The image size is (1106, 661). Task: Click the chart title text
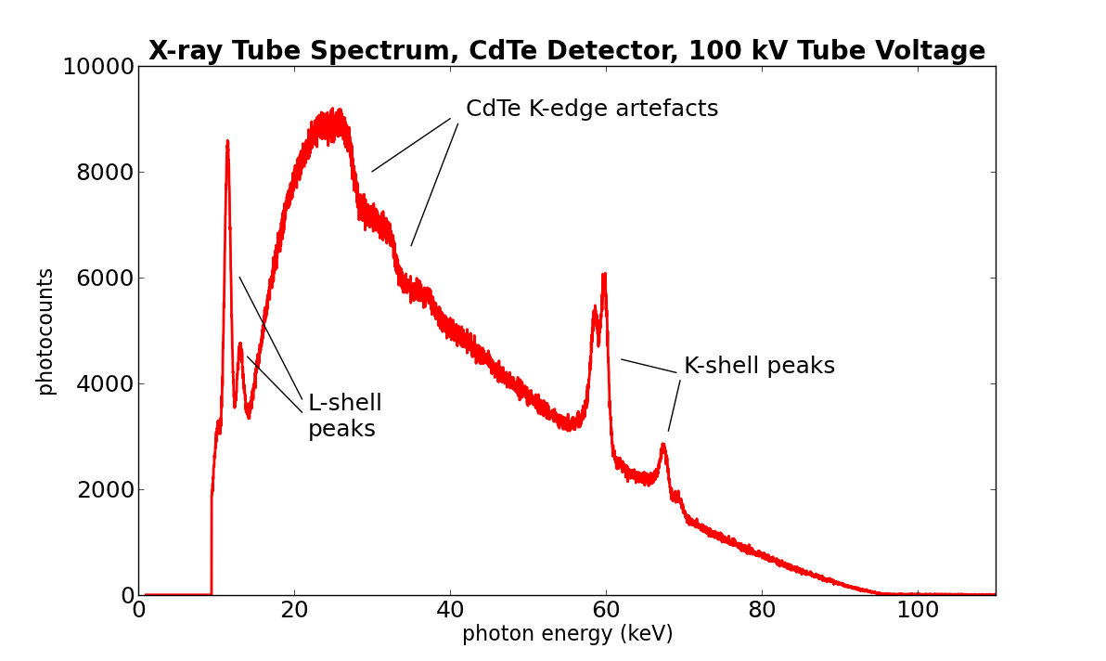point(567,50)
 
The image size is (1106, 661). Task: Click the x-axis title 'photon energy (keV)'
point(567,634)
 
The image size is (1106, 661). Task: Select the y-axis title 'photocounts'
point(45,330)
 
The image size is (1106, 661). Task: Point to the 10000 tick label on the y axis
point(97,67)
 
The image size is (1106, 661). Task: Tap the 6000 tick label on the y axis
point(105,279)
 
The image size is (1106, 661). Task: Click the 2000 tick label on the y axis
point(105,490)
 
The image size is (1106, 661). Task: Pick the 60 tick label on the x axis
point(606,611)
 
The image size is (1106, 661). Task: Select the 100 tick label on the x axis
point(918,611)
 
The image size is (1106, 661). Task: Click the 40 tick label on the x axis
point(450,611)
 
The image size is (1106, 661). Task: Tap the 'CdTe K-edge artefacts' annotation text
point(591,110)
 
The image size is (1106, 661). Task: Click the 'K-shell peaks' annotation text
point(759,367)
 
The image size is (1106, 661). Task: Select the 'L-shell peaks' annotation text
point(344,416)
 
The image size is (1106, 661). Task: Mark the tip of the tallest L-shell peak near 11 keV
point(227,142)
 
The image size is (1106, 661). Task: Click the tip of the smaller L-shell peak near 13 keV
point(239,344)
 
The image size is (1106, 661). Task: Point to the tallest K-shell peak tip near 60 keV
point(604,275)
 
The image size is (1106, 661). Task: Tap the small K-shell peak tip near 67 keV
point(662,445)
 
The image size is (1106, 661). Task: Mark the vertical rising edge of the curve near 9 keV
point(212,548)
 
